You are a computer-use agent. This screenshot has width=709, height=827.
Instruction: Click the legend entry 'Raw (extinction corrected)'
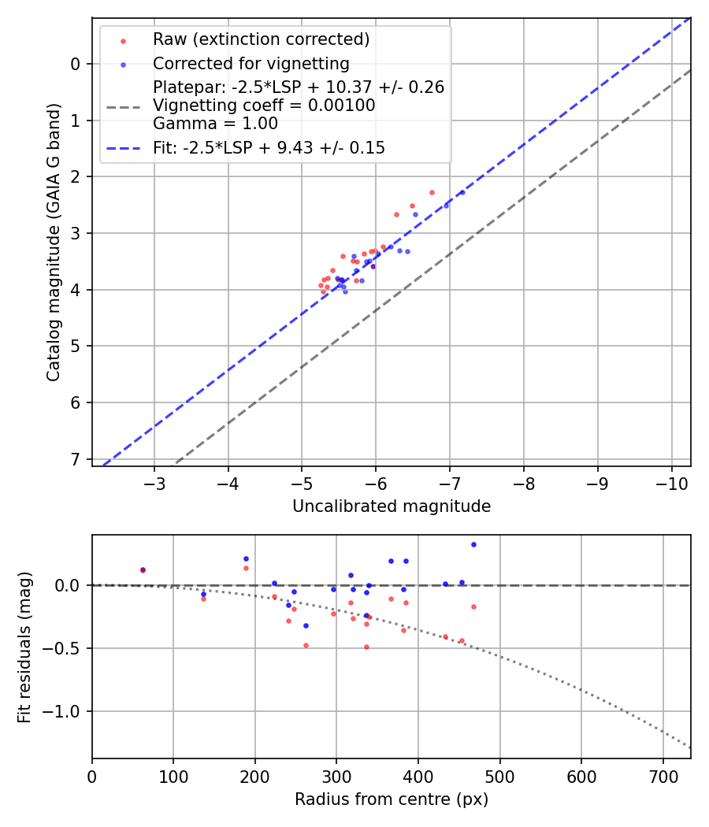(x=261, y=39)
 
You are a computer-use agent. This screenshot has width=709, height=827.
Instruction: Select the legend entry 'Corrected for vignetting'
(x=251, y=63)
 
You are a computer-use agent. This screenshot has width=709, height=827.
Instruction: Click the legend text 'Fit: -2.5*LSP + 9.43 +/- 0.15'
(x=269, y=147)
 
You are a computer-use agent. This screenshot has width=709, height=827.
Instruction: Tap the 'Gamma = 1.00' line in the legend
(x=215, y=124)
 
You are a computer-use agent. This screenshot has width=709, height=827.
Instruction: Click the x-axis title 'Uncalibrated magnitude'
(x=392, y=506)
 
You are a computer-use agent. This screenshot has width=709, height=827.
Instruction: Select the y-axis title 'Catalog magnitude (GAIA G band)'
(x=53, y=243)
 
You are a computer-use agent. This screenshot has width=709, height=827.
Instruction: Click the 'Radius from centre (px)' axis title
(x=392, y=799)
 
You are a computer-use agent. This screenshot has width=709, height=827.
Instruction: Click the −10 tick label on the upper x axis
(x=671, y=484)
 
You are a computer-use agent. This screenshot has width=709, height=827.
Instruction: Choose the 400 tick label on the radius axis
(x=418, y=777)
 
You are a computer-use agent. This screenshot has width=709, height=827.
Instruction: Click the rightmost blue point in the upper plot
(x=462, y=192)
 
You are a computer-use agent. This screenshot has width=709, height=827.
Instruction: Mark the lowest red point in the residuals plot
(x=366, y=647)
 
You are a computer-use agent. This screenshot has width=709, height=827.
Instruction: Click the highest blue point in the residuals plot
(x=473, y=544)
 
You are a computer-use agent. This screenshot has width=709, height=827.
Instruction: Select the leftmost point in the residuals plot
(x=143, y=569)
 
